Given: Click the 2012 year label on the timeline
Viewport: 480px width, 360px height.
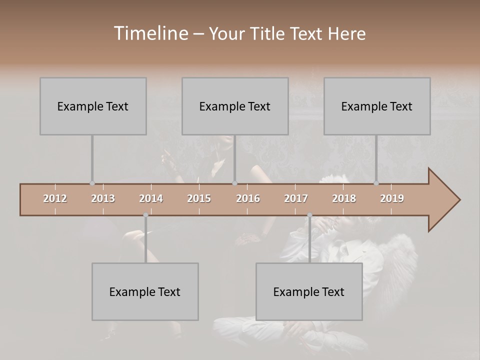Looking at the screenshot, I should [x=55, y=198].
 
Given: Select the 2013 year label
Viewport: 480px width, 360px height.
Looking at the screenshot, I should [x=103, y=198].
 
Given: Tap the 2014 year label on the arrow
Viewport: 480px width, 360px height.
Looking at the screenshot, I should [x=151, y=198].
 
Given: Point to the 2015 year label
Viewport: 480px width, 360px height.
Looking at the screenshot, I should [x=199, y=198].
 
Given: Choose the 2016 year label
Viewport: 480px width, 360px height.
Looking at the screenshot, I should [x=248, y=198].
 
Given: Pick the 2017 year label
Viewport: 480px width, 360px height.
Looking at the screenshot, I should [x=296, y=198].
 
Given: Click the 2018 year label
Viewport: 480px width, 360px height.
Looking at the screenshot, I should [x=344, y=198].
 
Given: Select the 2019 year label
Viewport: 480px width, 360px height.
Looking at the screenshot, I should [x=392, y=198].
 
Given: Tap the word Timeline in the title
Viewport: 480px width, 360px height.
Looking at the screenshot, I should [x=149, y=33].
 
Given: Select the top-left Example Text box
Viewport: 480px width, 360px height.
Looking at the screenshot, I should [x=93, y=106].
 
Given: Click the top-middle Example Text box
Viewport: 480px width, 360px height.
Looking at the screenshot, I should [x=235, y=106].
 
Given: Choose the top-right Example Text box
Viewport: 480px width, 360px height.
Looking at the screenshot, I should [x=377, y=106].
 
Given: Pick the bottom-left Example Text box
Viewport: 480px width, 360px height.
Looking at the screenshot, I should [x=145, y=291].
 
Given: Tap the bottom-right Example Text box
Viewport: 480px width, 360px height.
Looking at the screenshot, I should [x=309, y=291].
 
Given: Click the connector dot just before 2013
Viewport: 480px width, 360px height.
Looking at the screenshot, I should [x=92, y=183].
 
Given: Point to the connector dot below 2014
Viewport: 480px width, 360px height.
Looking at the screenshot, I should [x=145, y=215].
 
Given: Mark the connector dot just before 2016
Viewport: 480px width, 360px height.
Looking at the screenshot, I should [x=234, y=183].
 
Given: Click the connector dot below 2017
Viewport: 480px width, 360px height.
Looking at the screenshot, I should [x=309, y=215].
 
